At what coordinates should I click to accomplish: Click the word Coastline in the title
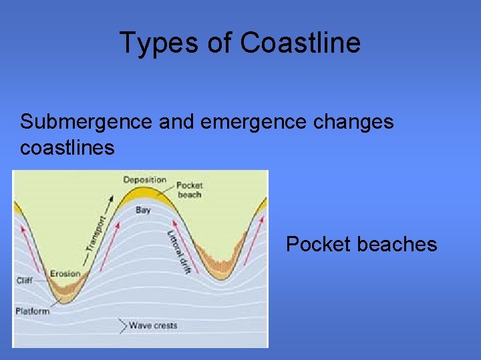pyautogui.click(x=300, y=43)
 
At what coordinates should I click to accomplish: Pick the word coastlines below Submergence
pyautogui.click(x=67, y=147)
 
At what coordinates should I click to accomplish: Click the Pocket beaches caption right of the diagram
pyautogui.click(x=361, y=244)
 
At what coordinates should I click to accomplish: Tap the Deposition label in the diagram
pyautogui.click(x=144, y=180)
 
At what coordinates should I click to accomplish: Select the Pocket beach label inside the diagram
pyautogui.click(x=190, y=189)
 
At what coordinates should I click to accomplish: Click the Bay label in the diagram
pyautogui.click(x=143, y=210)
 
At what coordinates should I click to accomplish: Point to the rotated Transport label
pyautogui.click(x=96, y=233)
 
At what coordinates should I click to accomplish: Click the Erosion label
pyautogui.click(x=65, y=273)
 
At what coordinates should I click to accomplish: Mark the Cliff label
pyautogui.click(x=24, y=281)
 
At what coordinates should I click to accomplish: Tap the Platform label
pyautogui.click(x=32, y=311)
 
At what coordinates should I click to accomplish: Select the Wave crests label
pyautogui.click(x=153, y=325)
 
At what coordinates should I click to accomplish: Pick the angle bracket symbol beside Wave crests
pyautogui.click(x=122, y=325)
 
